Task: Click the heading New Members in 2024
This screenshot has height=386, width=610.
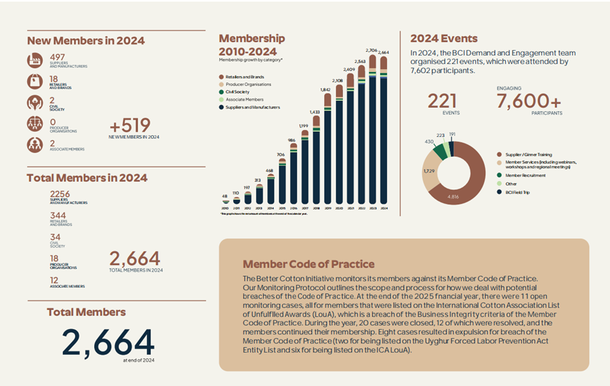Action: (85, 41)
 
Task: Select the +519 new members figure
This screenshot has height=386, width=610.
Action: (130, 126)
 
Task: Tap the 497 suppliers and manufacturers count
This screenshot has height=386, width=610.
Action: (58, 57)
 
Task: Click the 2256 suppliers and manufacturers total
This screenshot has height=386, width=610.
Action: (60, 195)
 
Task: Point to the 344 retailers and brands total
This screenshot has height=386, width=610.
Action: (59, 216)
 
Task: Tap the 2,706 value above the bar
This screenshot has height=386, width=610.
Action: (371, 50)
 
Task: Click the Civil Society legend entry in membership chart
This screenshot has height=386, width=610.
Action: (239, 92)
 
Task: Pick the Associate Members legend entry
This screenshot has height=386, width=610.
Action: (243, 100)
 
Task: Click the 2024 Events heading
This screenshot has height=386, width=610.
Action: (444, 39)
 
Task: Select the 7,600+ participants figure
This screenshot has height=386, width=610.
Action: (529, 101)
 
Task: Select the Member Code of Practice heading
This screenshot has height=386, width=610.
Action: (308, 264)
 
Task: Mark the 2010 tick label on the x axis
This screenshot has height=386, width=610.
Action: (225, 208)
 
